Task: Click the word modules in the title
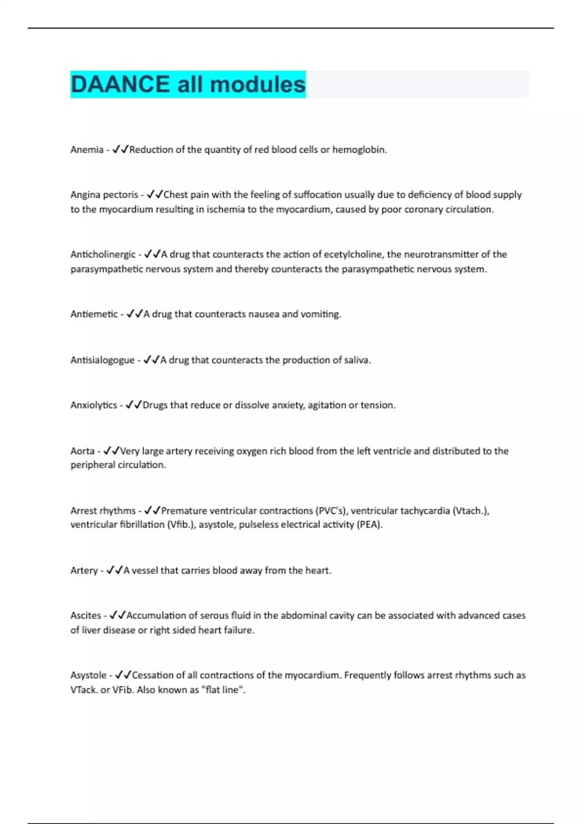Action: (258, 84)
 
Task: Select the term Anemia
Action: (87, 150)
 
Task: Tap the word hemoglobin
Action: (359, 150)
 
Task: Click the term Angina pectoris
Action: (104, 195)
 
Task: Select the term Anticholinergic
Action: (103, 254)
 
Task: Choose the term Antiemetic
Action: (94, 314)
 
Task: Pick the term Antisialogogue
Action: (102, 360)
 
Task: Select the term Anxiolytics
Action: (94, 405)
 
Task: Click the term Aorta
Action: (82, 451)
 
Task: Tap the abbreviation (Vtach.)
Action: (470, 511)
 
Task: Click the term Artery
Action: (84, 570)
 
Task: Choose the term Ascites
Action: (86, 616)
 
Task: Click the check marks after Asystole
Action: (123, 675)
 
